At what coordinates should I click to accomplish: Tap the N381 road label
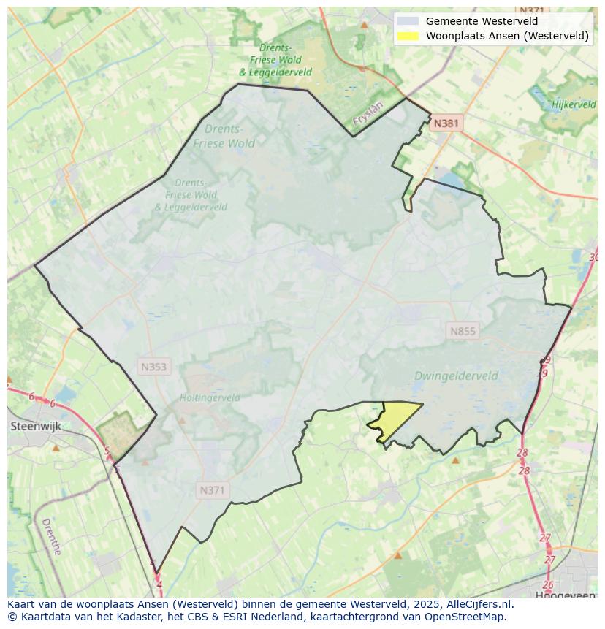446,123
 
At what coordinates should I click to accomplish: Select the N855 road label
463,331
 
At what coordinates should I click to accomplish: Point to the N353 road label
153,367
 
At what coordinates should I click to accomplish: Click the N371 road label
212,490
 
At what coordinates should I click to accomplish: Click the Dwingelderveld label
456,376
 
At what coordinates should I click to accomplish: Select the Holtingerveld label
210,398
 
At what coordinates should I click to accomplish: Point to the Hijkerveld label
574,104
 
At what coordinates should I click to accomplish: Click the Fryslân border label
368,115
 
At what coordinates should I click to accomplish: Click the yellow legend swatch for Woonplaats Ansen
408,35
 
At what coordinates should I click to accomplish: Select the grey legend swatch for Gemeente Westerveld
408,21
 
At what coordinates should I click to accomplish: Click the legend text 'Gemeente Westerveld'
482,21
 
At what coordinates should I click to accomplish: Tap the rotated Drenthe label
51,537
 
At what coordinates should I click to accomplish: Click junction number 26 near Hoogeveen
548,585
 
